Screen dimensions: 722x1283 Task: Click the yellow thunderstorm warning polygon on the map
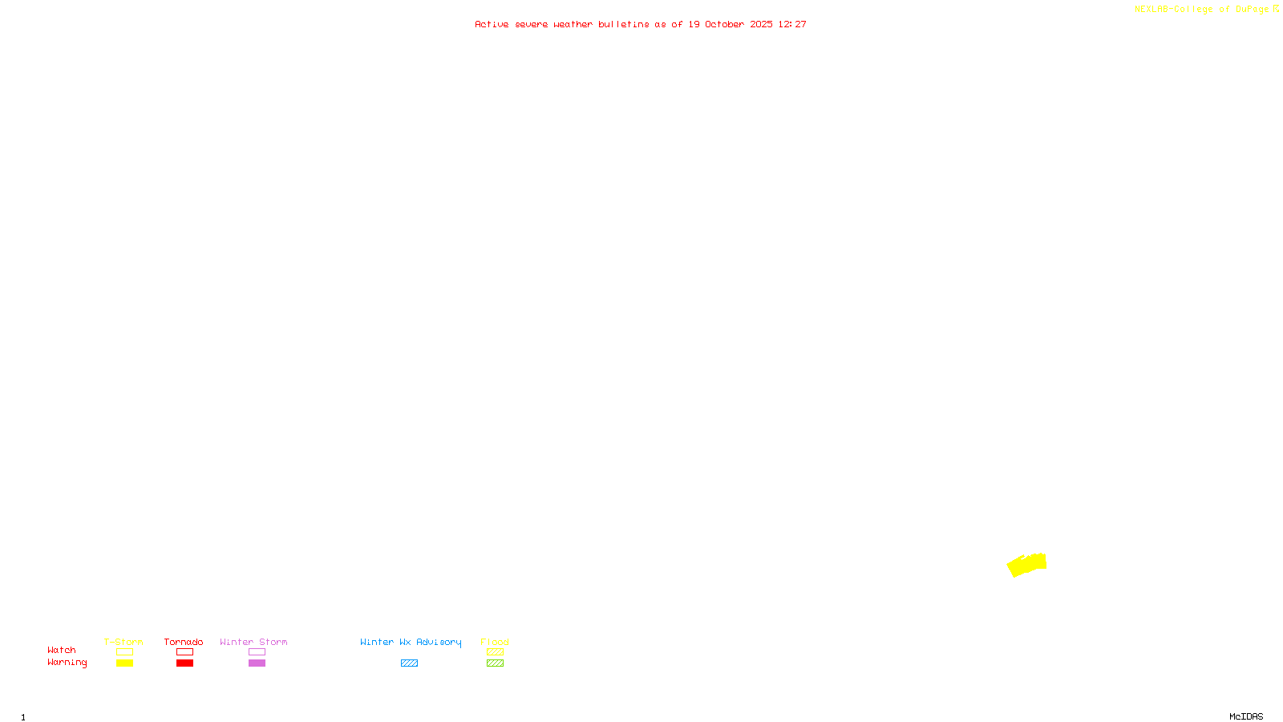(x=1026, y=565)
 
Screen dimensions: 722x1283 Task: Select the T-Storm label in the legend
(x=123, y=642)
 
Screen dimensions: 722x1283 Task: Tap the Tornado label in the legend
(x=184, y=642)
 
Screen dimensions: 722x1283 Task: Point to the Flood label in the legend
(x=495, y=642)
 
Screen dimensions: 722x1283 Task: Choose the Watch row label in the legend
(x=62, y=650)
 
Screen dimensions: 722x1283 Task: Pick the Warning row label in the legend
(x=67, y=663)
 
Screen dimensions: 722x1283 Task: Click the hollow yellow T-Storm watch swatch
(x=124, y=652)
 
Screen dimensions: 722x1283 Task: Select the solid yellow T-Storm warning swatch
(x=124, y=663)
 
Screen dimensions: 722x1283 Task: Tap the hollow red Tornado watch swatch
(x=185, y=652)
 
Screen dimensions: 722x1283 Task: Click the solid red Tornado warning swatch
(x=185, y=663)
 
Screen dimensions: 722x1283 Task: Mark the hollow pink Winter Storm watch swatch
(x=257, y=652)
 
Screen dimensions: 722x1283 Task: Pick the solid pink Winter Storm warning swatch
(x=257, y=663)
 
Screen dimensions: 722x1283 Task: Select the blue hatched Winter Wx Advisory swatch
(x=409, y=663)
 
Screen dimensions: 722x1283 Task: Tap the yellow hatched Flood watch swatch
(x=495, y=652)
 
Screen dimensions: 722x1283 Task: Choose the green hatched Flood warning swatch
(x=495, y=663)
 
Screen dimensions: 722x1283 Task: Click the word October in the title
(x=724, y=24)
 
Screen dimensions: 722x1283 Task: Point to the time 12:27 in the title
(x=792, y=24)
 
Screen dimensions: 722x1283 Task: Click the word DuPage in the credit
(x=1252, y=10)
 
